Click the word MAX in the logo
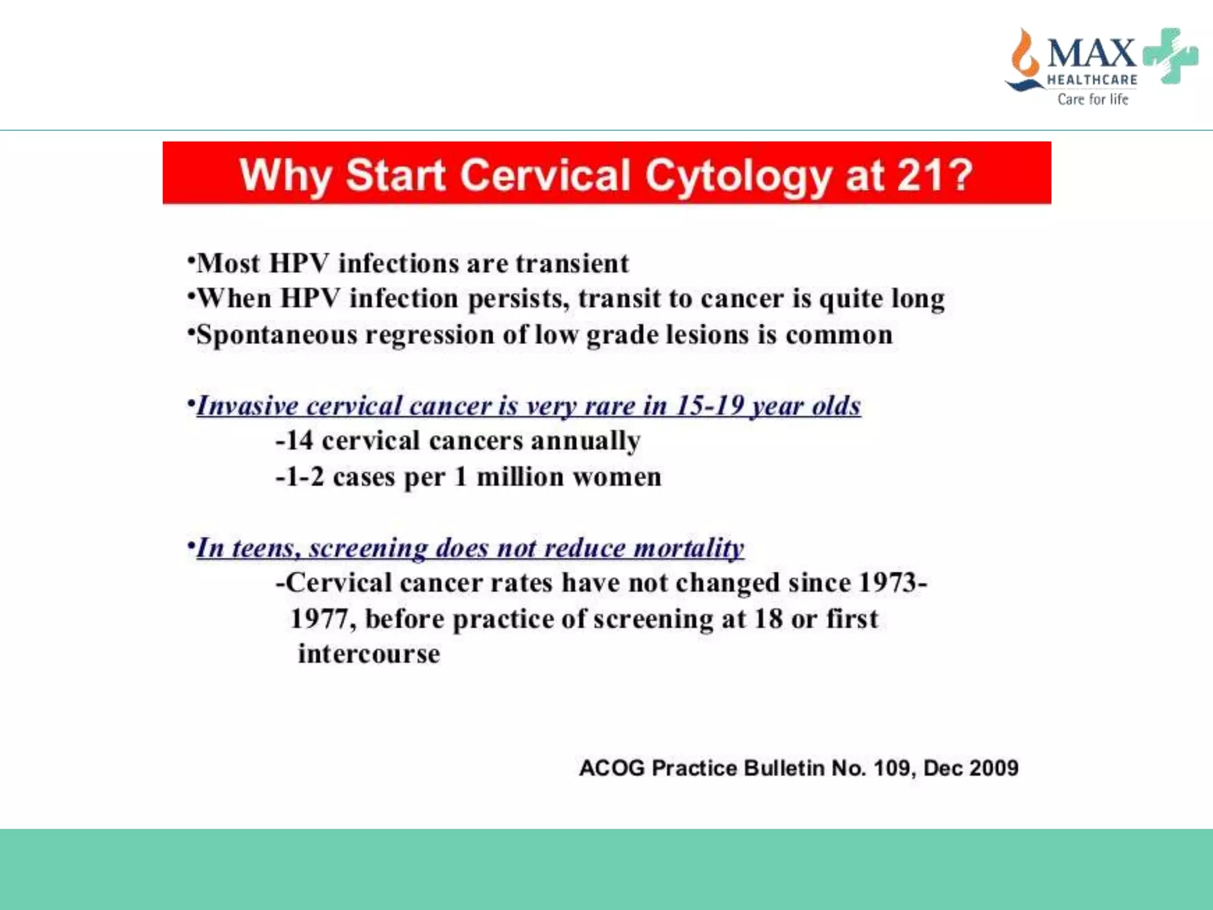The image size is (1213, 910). [x=1091, y=53]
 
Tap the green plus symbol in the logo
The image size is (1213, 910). [x=1170, y=56]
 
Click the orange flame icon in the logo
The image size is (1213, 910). [x=1024, y=56]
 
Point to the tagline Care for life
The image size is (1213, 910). [x=1093, y=99]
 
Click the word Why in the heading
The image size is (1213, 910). [x=285, y=175]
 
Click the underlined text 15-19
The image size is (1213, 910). [x=710, y=406]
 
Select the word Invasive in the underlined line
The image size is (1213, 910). [x=248, y=406]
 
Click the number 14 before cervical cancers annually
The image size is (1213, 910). [x=299, y=441]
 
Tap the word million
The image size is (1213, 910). [x=520, y=477]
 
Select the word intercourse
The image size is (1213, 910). [x=369, y=654]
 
